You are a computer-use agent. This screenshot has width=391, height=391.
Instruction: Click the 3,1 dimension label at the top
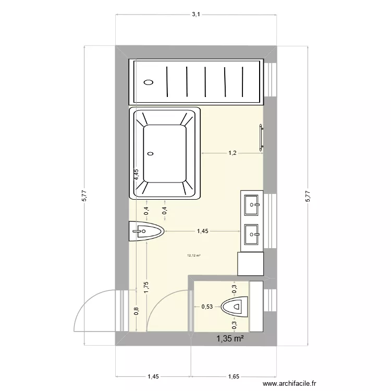(195, 15)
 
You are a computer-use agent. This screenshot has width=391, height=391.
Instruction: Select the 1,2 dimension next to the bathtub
(232, 153)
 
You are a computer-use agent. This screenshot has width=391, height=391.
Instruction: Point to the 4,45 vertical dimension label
(136, 175)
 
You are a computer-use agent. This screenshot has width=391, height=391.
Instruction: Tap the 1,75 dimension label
(146, 288)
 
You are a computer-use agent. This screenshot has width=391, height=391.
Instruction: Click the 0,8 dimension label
(136, 311)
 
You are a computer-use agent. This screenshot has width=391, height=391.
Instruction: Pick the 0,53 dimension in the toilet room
(207, 307)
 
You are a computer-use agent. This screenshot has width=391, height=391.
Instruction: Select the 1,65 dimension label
(234, 375)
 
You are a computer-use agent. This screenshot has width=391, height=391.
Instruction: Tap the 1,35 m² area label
(231, 339)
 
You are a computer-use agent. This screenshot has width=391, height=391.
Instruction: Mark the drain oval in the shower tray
(149, 82)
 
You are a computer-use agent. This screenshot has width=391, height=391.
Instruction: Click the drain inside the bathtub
(151, 153)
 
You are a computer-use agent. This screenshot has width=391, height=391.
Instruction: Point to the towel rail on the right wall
(260, 138)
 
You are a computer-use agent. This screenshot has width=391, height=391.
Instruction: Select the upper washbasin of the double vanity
(252, 203)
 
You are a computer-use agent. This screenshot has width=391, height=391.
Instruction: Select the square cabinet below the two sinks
(250, 264)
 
